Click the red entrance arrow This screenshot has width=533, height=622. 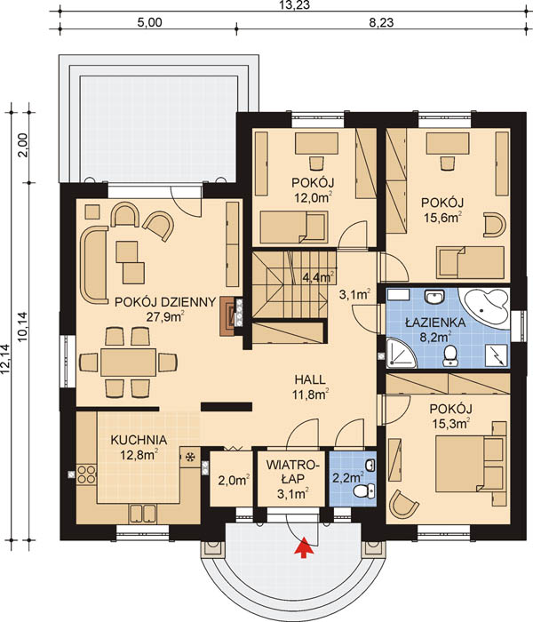coord(304,547)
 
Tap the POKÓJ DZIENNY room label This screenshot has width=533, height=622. coord(165,302)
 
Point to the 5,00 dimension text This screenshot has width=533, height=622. coord(149,22)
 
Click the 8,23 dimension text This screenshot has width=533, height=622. coord(381,22)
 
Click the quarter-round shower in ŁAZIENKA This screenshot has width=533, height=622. coord(401,353)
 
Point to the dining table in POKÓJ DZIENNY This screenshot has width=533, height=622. coord(128,363)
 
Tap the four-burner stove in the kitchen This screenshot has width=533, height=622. coord(86,474)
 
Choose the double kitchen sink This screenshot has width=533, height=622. coord(143,514)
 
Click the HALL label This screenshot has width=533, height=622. coord(310,379)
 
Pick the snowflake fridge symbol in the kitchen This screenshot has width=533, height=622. coord(190,457)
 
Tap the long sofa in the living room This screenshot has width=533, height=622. coord(94,265)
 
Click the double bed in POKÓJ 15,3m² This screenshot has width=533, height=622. coord(470,464)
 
